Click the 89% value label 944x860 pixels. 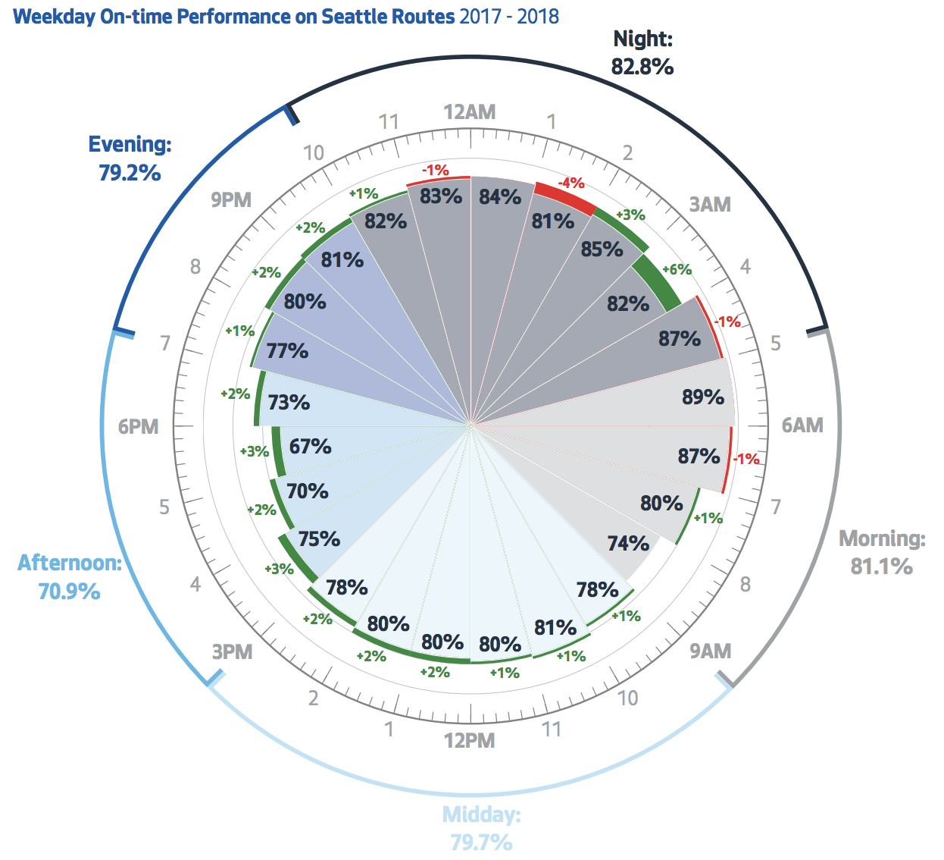[x=702, y=397]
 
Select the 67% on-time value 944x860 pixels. [x=310, y=446]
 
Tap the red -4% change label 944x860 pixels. [x=570, y=183]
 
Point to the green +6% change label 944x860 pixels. [x=677, y=269]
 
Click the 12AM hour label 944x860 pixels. [x=470, y=112]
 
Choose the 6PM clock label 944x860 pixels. [x=139, y=426]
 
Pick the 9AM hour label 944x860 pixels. [x=710, y=651]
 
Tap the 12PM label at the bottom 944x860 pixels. [x=470, y=740]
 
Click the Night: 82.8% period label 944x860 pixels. [x=642, y=53]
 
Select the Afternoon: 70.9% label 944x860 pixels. [x=70, y=576]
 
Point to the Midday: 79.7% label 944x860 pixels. [x=482, y=828]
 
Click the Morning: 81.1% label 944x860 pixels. [x=882, y=552]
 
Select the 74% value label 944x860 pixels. [x=628, y=543]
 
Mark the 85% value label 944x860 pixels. [x=602, y=249]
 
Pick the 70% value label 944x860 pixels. [x=307, y=491]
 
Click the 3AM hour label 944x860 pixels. [x=710, y=204]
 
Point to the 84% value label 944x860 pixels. [x=500, y=196]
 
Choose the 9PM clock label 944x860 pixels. [x=231, y=199]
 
